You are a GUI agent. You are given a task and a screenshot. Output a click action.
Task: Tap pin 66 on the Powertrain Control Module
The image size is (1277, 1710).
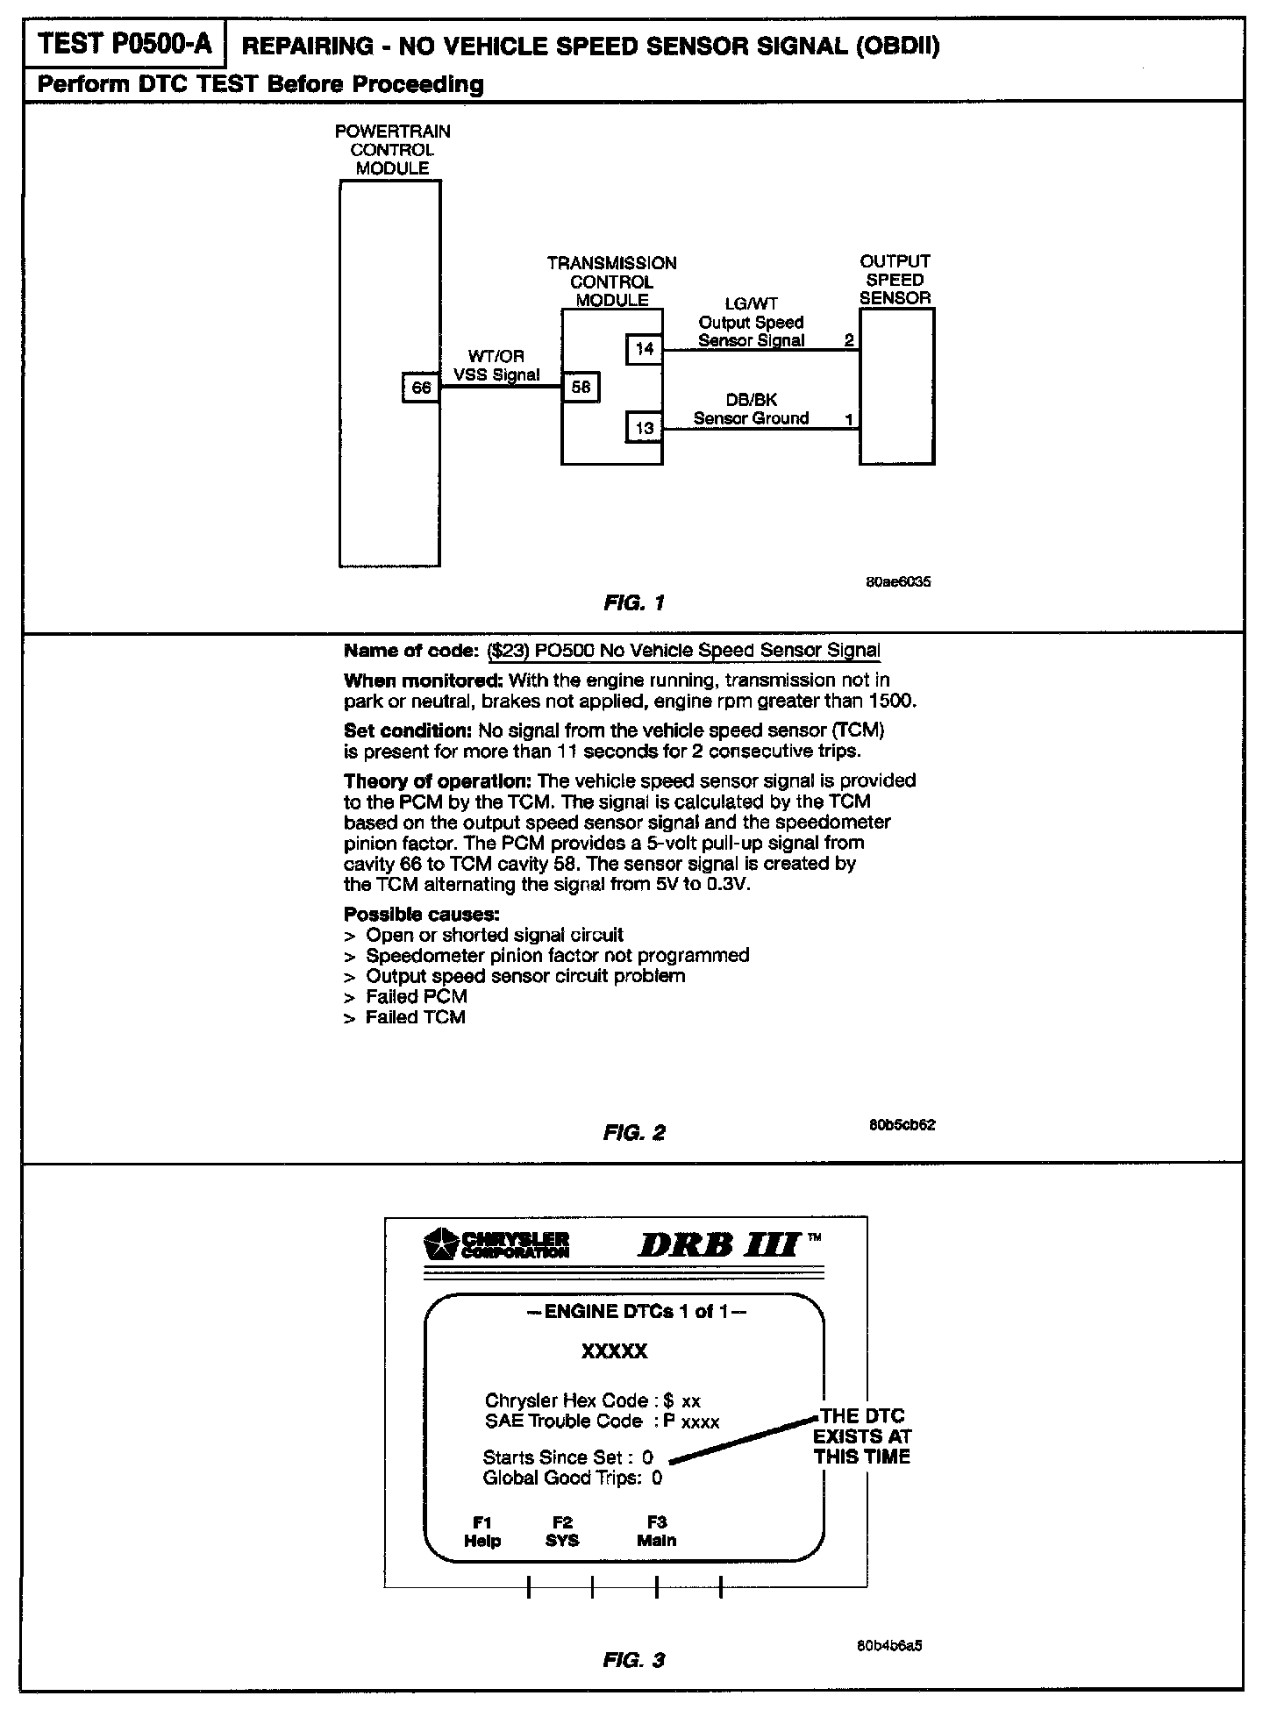tap(421, 387)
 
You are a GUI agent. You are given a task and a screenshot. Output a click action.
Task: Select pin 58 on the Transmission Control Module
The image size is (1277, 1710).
tap(581, 387)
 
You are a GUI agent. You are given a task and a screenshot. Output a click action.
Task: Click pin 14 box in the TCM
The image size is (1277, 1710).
tap(644, 349)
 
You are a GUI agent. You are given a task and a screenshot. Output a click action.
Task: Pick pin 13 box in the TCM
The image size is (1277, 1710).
tap(644, 428)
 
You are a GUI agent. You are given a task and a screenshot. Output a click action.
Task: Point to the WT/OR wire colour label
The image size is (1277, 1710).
tap(496, 356)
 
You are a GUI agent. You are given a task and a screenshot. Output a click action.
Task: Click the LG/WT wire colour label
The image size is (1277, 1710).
tap(751, 303)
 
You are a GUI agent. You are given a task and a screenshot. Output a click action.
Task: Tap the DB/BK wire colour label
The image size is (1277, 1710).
tap(751, 400)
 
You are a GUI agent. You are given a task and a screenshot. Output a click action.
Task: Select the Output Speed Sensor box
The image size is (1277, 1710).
tap(896, 386)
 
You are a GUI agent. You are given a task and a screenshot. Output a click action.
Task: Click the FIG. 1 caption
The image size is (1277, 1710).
tap(634, 602)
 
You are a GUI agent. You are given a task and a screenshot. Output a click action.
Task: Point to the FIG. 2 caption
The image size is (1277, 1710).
tap(634, 1132)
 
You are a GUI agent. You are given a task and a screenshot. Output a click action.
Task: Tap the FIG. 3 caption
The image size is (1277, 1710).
tap(634, 1660)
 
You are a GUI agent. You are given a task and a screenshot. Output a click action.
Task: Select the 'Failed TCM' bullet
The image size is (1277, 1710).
tap(415, 1017)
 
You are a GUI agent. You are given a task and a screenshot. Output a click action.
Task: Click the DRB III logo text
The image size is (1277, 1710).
tap(718, 1245)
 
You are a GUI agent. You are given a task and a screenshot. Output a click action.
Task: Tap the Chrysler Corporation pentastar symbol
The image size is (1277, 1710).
tap(442, 1244)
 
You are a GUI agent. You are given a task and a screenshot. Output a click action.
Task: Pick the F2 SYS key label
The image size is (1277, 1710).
tap(562, 1531)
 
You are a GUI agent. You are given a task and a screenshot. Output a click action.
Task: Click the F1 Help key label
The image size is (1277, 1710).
tap(482, 1531)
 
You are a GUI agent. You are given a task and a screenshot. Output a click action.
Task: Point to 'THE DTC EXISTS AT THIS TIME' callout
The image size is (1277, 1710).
tap(861, 1436)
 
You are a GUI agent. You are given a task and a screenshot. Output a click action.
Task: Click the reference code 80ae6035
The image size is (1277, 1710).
tap(898, 581)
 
